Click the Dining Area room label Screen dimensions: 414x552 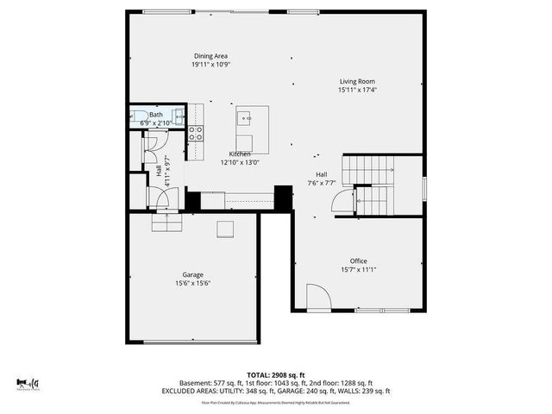click(x=210, y=56)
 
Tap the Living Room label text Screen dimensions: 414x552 click(x=356, y=81)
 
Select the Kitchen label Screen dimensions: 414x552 click(x=240, y=154)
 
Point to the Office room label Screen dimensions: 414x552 click(x=358, y=260)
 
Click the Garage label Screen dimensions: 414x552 click(x=192, y=274)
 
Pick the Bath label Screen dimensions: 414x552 click(x=156, y=115)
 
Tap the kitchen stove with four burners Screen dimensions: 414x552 click(x=196, y=133)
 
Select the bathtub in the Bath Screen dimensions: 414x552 click(x=137, y=119)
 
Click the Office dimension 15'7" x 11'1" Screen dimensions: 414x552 click(x=358, y=269)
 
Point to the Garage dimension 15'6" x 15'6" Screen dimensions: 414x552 click(x=192, y=283)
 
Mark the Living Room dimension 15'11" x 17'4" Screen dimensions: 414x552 click(x=356, y=90)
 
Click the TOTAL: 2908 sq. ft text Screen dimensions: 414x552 click(x=275, y=373)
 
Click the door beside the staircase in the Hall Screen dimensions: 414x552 click(x=342, y=203)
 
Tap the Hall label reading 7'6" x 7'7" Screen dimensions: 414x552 click(x=321, y=183)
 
